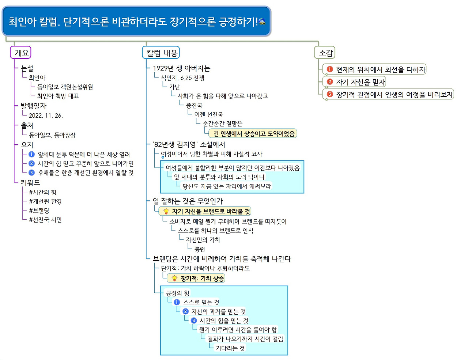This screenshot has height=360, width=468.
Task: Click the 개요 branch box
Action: [x=21, y=53]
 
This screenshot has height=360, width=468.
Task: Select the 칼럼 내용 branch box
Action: [x=161, y=53]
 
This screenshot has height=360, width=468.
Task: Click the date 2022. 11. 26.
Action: [x=46, y=115]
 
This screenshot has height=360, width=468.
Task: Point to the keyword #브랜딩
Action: [x=39, y=211]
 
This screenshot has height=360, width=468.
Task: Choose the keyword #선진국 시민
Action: [x=45, y=220]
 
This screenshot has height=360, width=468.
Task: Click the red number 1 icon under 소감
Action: [x=330, y=69]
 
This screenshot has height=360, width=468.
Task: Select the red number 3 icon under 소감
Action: [x=330, y=94]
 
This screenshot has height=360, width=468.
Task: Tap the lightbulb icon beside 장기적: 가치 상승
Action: [x=174, y=278]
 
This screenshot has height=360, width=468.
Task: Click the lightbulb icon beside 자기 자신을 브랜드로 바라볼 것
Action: [x=166, y=211]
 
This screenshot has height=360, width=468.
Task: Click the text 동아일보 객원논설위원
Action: [x=65, y=87]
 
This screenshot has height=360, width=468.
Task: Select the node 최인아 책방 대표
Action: [x=58, y=96]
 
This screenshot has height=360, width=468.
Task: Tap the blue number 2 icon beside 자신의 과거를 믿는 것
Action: [x=185, y=311]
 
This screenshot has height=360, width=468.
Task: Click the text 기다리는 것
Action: [x=230, y=348]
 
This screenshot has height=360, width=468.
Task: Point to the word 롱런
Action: [x=200, y=249]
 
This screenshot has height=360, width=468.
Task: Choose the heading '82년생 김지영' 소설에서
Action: [x=189, y=144]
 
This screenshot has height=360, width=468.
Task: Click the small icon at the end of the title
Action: [x=262, y=22]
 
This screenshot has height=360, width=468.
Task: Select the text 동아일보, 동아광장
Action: [x=52, y=135]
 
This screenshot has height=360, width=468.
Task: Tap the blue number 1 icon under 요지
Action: [x=32, y=154]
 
